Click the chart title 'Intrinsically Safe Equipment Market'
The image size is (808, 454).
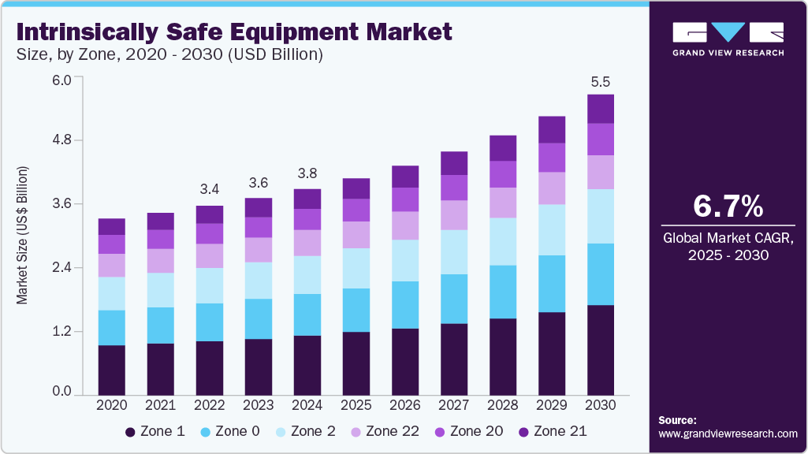pyautogui.click(x=234, y=32)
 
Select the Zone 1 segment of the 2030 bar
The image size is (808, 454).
pyautogui.click(x=601, y=348)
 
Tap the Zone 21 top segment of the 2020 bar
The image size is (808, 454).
pyautogui.click(x=112, y=226)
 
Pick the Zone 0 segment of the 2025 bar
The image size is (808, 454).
pyautogui.click(x=356, y=310)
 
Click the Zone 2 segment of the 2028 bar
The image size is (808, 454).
pyautogui.click(x=503, y=241)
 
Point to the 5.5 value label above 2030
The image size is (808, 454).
pyautogui.click(x=601, y=82)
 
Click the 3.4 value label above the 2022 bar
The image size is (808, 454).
pyautogui.click(x=210, y=190)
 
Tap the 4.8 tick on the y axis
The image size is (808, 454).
pyautogui.click(x=61, y=140)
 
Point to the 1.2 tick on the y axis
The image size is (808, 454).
pyautogui.click(x=61, y=331)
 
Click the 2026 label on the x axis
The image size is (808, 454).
pyautogui.click(x=405, y=404)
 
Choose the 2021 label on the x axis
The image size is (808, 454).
pyautogui.click(x=161, y=404)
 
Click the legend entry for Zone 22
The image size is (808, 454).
pyautogui.click(x=385, y=431)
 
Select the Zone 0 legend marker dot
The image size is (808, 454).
pyautogui.click(x=207, y=432)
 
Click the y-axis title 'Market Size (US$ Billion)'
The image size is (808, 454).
pyautogui.click(x=23, y=236)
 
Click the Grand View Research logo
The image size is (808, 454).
pyautogui.click(x=728, y=39)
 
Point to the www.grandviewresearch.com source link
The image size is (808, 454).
pyautogui.click(x=728, y=434)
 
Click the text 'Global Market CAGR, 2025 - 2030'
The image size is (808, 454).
pyautogui.click(x=728, y=245)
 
